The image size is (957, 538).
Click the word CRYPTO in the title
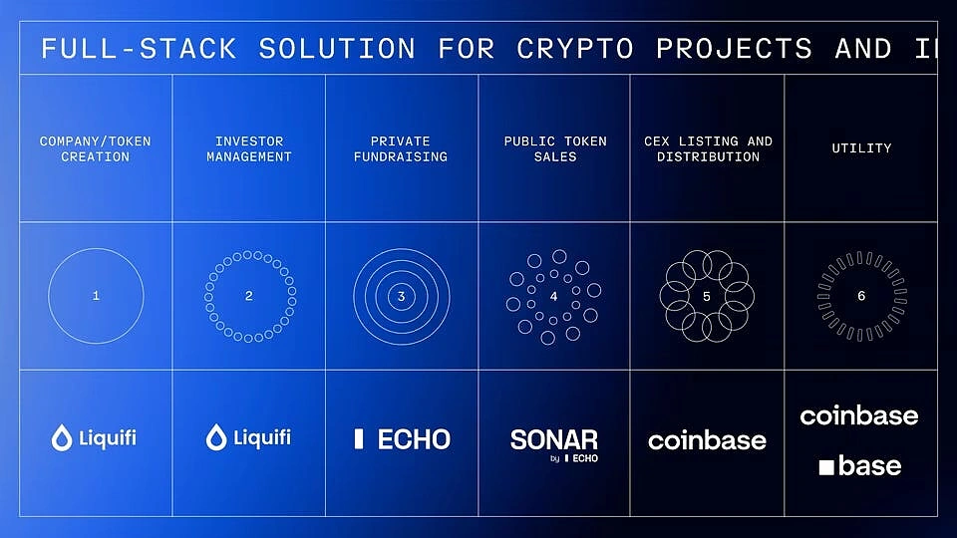tap(575, 49)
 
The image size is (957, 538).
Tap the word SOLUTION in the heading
tap(337, 49)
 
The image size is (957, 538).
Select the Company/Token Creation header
tap(96, 148)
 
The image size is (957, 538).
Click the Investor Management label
tap(249, 148)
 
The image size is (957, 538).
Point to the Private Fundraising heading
tap(401, 148)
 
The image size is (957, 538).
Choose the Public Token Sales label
tap(555, 148)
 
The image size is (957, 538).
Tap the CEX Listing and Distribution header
tap(708, 148)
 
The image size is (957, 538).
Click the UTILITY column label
tap(861, 148)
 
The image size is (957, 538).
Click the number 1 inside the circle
tap(96, 296)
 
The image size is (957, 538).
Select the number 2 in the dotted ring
tap(249, 296)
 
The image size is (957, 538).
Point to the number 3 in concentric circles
tap(401, 297)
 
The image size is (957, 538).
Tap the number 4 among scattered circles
tap(553, 297)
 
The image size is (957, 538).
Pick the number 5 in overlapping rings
tap(707, 297)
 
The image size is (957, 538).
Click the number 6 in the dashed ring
tap(861, 296)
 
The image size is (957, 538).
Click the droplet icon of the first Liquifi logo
tap(62, 437)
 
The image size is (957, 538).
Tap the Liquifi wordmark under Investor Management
tap(262, 438)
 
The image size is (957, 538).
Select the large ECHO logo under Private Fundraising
tap(402, 439)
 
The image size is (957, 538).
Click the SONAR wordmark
tap(554, 439)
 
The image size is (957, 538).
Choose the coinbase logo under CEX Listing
tap(708, 440)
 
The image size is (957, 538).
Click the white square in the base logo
tap(826, 467)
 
